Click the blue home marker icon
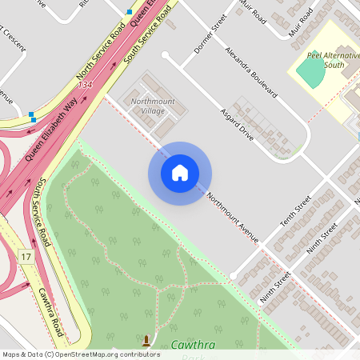[x=179, y=173]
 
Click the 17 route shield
[x=26, y=256]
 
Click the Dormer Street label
[x=206, y=37]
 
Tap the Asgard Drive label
[x=237, y=125]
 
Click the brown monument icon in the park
[x=146, y=342]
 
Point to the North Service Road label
[x=101, y=55]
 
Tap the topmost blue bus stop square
[x=130, y=12]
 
